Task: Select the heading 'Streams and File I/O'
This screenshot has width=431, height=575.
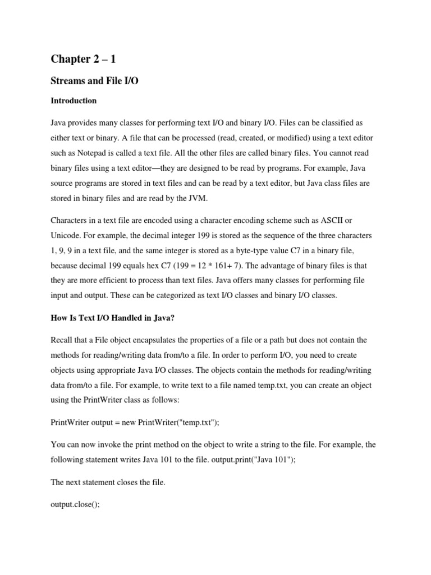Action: [x=94, y=81]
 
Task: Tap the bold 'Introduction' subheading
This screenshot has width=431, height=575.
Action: [x=74, y=101]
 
